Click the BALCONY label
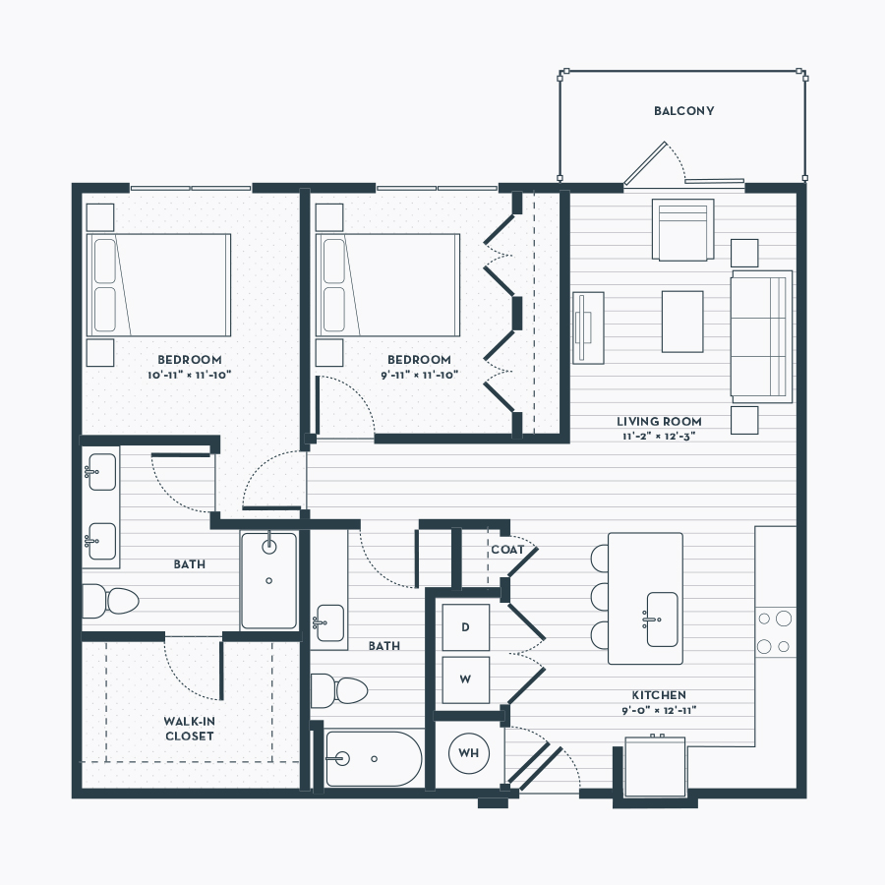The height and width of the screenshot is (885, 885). pyautogui.click(x=683, y=111)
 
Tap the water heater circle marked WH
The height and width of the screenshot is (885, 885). pyautogui.click(x=468, y=753)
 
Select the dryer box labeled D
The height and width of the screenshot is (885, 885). pyautogui.click(x=466, y=627)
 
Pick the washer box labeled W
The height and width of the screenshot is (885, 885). pyautogui.click(x=466, y=679)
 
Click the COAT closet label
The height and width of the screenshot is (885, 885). pyautogui.click(x=507, y=550)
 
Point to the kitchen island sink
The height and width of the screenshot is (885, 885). pyautogui.click(x=662, y=619)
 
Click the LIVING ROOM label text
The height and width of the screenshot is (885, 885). pyautogui.click(x=659, y=422)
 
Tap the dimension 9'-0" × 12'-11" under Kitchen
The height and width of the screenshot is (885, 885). pyautogui.click(x=659, y=711)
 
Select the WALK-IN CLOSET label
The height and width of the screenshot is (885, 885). pyautogui.click(x=189, y=729)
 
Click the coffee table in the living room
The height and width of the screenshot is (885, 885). pyautogui.click(x=682, y=322)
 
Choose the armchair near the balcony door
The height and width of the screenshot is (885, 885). pyautogui.click(x=683, y=230)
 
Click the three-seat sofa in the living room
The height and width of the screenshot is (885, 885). pyautogui.click(x=761, y=336)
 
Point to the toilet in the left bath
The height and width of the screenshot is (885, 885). pyautogui.click(x=110, y=601)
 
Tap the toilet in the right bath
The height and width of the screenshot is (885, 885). pyautogui.click(x=339, y=690)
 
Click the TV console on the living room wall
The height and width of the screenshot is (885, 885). pyautogui.click(x=588, y=327)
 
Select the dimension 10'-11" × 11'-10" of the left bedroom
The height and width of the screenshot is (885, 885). pyautogui.click(x=190, y=375)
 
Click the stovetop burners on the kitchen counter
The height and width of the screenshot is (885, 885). pyautogui.click(x=776, y=632)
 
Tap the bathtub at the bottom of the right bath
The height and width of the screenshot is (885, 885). pyautogui.click(x=375, y=759)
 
